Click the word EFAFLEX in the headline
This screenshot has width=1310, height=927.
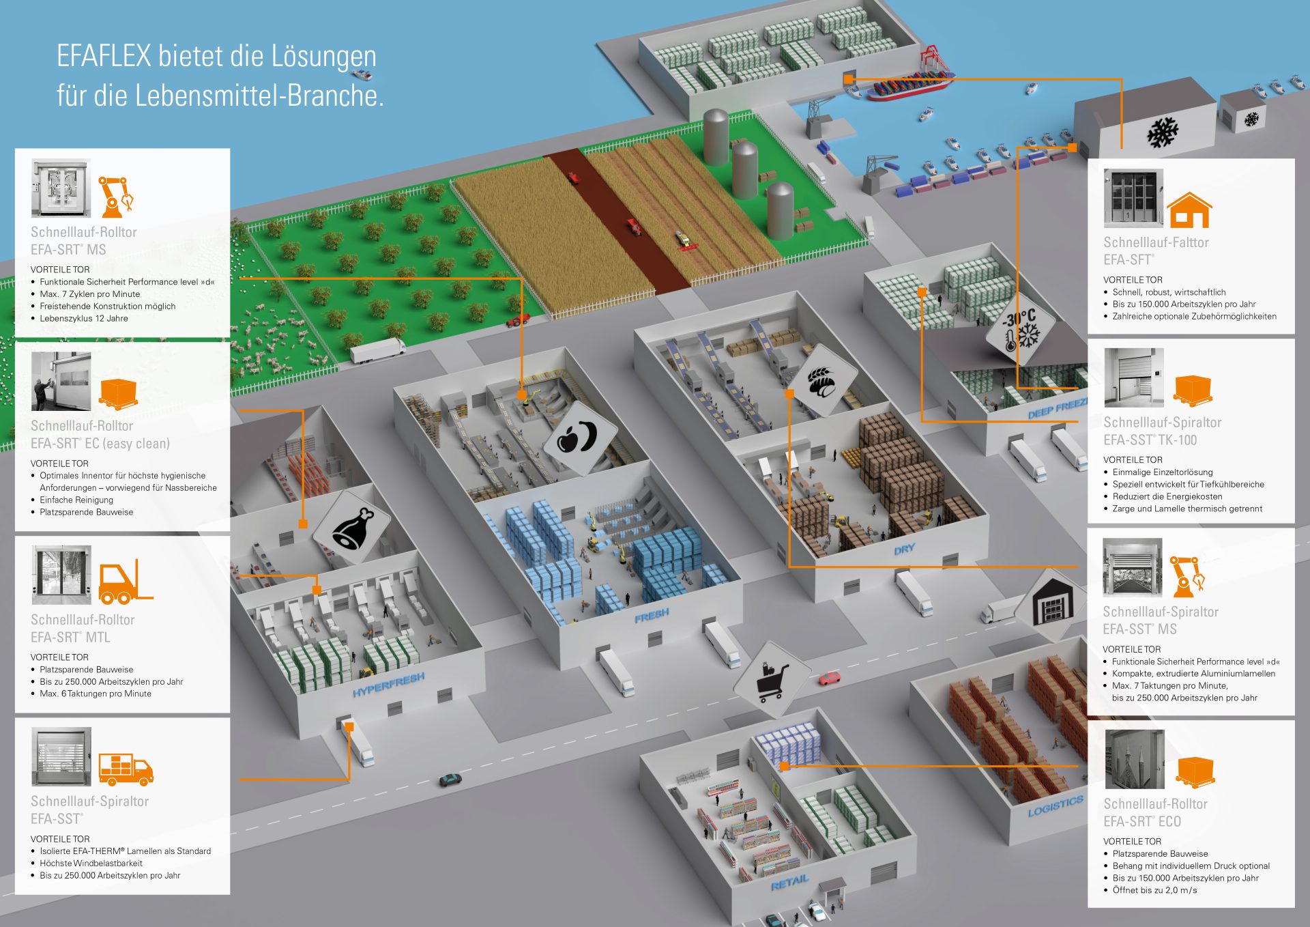pyautogui.click(x=104, y=56)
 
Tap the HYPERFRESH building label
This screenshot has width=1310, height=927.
pyautogui.click(x=389, y=684)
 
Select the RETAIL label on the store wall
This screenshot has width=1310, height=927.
pyautogui.click(x=789, y=882)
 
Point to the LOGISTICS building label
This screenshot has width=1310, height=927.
pyautogui.click(x=1056, y=805)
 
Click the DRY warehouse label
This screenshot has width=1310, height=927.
pyautogui.click(x=905, y=549)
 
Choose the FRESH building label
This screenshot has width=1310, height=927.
pyautogui.click(x=652, y=616)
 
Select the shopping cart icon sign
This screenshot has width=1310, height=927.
pyautogui.click(x=772, y=680)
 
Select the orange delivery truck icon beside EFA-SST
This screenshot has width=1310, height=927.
pyautogui.click(x=126, y=769)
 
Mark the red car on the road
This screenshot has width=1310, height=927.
pyautogui.click(x=830, y=678)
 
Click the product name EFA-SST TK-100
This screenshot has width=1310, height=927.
pyautogui.click(x=1150, y=440)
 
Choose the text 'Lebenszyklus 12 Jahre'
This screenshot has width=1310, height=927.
pyautogui.click(x=84, y=318)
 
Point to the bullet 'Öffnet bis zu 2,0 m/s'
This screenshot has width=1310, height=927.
pyautogui.click(x=1155, y=890)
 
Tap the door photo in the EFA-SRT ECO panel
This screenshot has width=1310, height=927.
pyautogui.click(x=1135, y=759)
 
